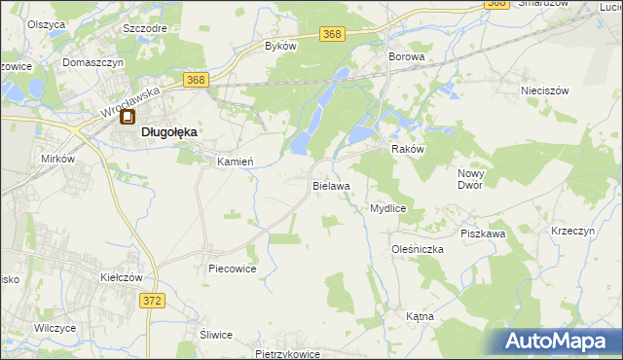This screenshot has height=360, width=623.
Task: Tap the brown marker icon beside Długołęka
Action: coord(128,119)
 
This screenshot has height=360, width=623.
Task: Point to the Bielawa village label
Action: coord(331,184)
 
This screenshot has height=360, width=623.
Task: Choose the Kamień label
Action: coord(235,162)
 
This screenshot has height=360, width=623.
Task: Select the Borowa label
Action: coord(407,57)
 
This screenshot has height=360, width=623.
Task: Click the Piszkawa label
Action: coord(483,234)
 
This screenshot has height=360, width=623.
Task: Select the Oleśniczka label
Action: coord(418,249)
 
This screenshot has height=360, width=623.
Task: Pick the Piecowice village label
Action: coord(232,268)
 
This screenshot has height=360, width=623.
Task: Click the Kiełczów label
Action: coord(122,277)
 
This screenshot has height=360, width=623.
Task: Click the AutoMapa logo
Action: coord(559,342)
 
